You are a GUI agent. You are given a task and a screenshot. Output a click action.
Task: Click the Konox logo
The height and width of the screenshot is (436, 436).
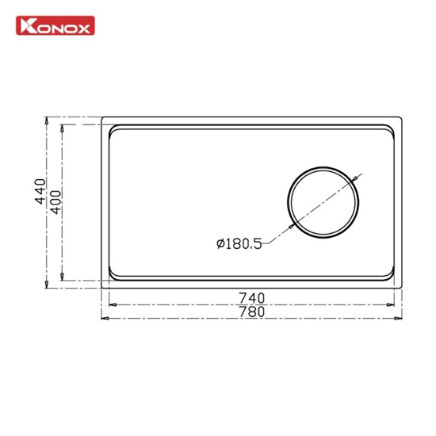pyautogui.click(x=55, y=25)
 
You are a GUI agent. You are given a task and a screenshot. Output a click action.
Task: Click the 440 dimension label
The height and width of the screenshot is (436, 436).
pyautogui.click(x=40, y=191)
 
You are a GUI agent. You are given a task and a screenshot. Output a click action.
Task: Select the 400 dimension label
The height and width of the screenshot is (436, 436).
pyautogui.click(x=55, y=202)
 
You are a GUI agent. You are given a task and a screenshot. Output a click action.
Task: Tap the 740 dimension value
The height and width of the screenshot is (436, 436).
pyautogui.click(x=252, y=298)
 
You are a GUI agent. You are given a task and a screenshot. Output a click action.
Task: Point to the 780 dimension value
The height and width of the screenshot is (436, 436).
pyautogui.click(x=252, y=312)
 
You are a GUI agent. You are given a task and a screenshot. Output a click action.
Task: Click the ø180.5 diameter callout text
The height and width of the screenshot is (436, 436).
pyautogui.click(x=239, y=244)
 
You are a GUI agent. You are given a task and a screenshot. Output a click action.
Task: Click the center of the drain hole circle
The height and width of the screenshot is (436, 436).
pyautogui.click(x=323, y=202)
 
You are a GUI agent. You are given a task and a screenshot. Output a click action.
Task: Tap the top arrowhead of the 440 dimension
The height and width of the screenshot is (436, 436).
pyautogui.click(x=47, y=120)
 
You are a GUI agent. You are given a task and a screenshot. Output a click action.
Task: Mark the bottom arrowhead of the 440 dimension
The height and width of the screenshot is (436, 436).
pyautogui.click(x=47, y=284)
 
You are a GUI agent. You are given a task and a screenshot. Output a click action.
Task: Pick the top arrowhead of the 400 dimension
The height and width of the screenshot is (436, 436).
pyautogui.click(x=63, y=128)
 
